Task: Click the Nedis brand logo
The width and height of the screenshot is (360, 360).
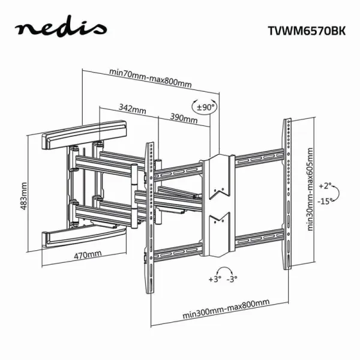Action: pyautogui.click(x=61, y=27)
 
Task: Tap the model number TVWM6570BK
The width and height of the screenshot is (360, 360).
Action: pyautogui.click(x=307, y=31)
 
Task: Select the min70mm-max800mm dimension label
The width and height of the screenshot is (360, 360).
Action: pyautogui.click(x=151, y=78)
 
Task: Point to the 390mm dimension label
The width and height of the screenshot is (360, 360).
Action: pyautogui.click(x=184, y=118)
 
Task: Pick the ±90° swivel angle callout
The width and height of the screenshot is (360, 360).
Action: pyautogui.click(x=204, y=107)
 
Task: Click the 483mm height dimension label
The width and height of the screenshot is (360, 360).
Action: pyautogui.click(x=23, y=196)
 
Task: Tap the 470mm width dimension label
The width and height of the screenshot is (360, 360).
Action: pyautogui.click(x=88, y=255)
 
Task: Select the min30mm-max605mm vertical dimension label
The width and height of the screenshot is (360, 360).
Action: pyautogui.click(x=310, y=190)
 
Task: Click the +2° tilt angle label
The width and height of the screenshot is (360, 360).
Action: pyautogui.click(x=325, y=186)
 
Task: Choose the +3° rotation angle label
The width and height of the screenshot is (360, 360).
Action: pyautogui.click(x=215, y=279)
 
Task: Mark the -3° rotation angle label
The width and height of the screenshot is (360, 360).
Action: pyautogui.click(x=232, y=279)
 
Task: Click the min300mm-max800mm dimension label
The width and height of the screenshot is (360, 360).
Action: pyautogui.click(x=226, y=309)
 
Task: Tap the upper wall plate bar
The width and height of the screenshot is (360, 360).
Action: pyautogui.click(x=84, y=134)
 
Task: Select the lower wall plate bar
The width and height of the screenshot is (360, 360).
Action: pyautogui.click(x=84, y=237)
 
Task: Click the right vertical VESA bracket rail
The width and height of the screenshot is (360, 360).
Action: pyautogui.click(x=287, y=194)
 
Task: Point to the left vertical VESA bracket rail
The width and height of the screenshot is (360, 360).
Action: pyautogui.click(x=149, y=218)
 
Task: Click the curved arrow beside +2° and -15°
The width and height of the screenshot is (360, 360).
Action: pyautogui.click(x=338, y=194)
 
